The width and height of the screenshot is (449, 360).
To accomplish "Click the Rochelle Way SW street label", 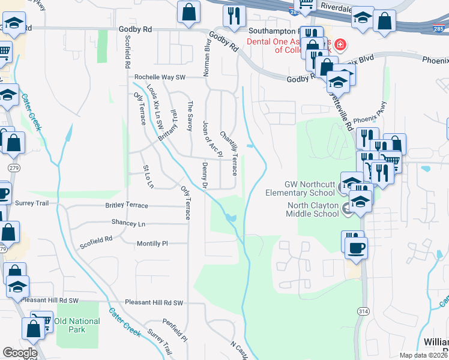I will [160, 77].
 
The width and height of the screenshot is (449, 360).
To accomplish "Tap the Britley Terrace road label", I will [127, 205].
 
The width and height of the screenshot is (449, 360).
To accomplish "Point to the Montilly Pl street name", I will [152, 244].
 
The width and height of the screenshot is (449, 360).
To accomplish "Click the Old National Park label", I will [77, 325].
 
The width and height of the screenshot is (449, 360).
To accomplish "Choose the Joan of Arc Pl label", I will [208, 136].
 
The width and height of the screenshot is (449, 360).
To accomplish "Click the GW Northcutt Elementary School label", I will [300, 188].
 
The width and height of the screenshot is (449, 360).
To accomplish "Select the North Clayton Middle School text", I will [304, 209].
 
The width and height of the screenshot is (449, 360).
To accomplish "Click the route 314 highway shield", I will [364, 312].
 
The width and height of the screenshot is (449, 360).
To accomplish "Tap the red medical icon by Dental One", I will [340, 44].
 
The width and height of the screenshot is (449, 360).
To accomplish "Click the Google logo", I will [20, 353].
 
